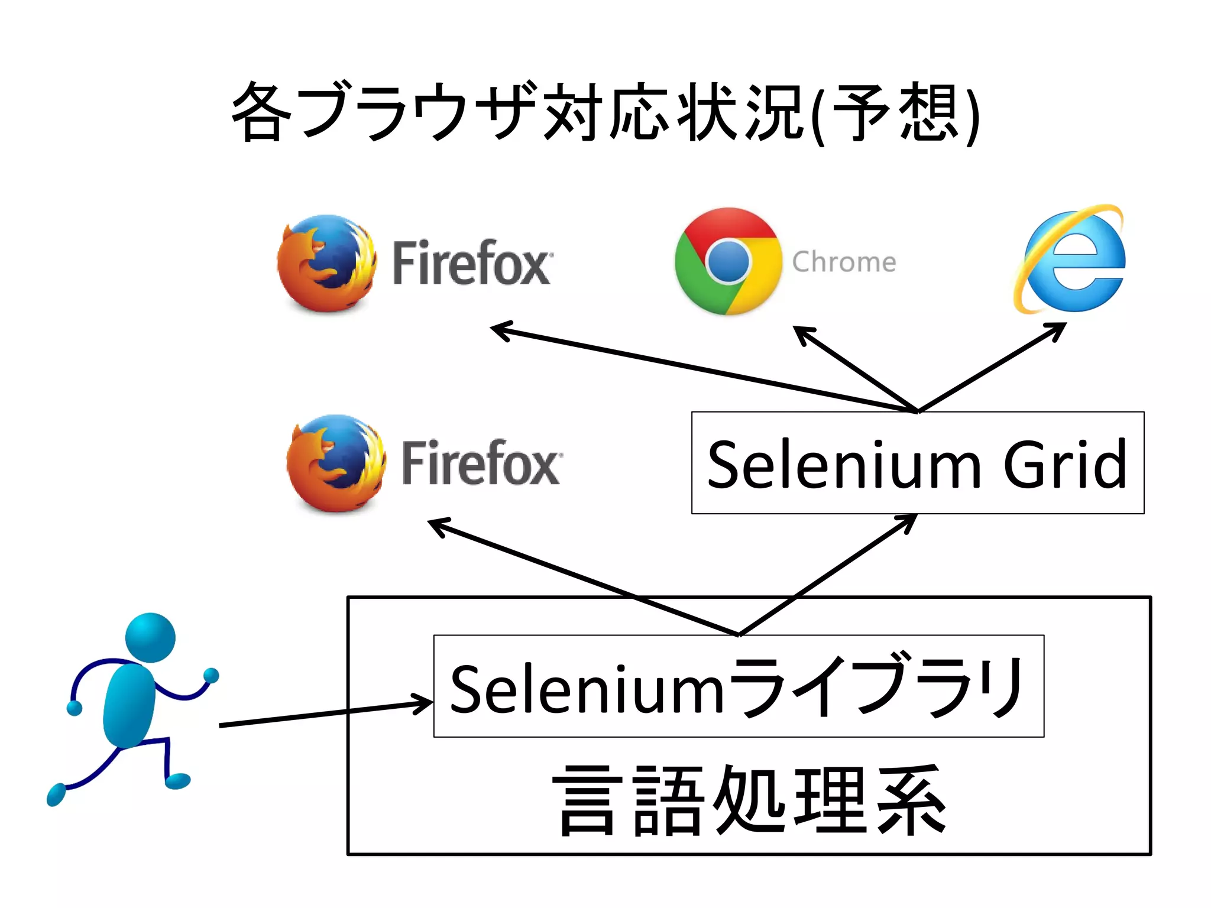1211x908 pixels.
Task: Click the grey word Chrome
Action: (844, 262)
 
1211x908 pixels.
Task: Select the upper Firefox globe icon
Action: (326, 263)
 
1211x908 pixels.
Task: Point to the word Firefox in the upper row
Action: (472, 263)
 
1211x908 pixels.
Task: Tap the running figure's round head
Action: (150, 637)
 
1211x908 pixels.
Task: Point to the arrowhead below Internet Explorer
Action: (1058, 328)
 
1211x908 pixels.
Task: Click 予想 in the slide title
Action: (895, 112)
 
